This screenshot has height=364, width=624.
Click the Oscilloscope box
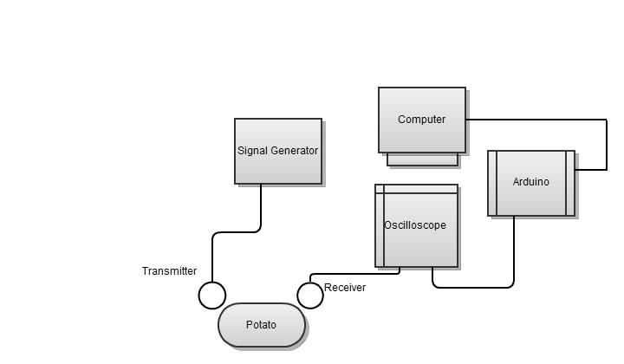(416, 247)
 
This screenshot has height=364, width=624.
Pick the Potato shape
(261, 326)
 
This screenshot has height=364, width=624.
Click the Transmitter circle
(212, 296)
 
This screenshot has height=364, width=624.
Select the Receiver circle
(309, 295)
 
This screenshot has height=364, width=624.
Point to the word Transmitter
(169, 271)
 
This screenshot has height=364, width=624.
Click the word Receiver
(345, 288)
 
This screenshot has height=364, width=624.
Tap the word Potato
(261, 326)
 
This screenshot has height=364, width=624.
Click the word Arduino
(530, 182)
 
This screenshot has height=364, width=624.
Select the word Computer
(422, 120)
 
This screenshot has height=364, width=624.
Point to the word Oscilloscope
(415, 225)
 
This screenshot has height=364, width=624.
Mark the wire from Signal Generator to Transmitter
(261, 208)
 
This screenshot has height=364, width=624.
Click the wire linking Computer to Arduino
(605, 143)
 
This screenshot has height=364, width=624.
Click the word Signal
(252, 151)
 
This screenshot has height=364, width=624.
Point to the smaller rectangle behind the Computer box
(422, 159)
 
